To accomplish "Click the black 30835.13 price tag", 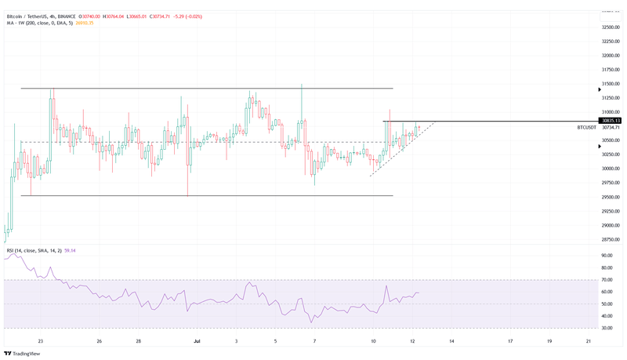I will (x=609, y=121).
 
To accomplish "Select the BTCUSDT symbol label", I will (x=586, y=127).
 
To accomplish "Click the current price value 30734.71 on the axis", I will (x=610, y=127).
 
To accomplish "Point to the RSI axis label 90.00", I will (x=607, y=256).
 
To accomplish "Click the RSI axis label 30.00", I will (x=607, y=328).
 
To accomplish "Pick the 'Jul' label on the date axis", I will (x=197, y=342).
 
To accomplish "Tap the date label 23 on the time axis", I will (x=40, y=342).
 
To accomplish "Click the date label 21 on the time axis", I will (x=588, y=342).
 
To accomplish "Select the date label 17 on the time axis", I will (x=510, y=342).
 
